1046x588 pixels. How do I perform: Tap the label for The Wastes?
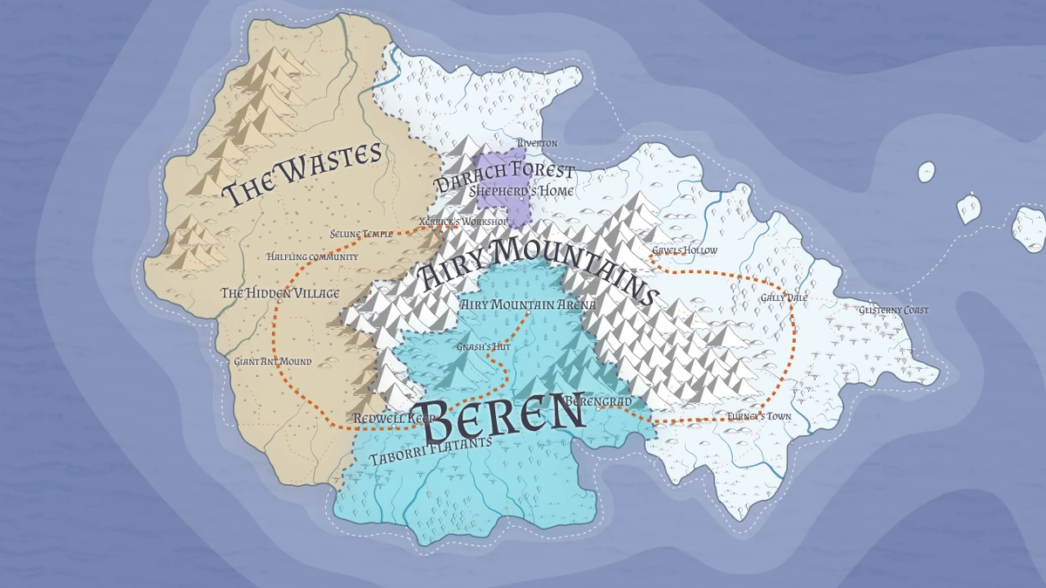coord(302,174)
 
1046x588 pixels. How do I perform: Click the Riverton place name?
coord(537,143)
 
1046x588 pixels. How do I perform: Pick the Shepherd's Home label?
coord(521,190)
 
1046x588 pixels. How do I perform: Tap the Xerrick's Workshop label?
coord(462,222)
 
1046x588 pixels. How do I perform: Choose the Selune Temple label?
coord(363,234)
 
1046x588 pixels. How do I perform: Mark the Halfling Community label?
coord(312,256)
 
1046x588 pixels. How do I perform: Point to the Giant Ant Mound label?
coord(273,360)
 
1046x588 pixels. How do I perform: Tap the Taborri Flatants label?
coord(431,449)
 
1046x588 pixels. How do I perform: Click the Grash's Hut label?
coord(483,346)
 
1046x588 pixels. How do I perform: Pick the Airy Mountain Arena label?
coord(528,304)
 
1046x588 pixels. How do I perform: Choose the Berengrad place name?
coord(598,401)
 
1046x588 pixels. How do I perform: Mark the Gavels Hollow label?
coord(685,250)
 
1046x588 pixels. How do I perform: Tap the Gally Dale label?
coord(784,297)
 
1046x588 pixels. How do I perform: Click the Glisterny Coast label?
coord(893,310)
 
